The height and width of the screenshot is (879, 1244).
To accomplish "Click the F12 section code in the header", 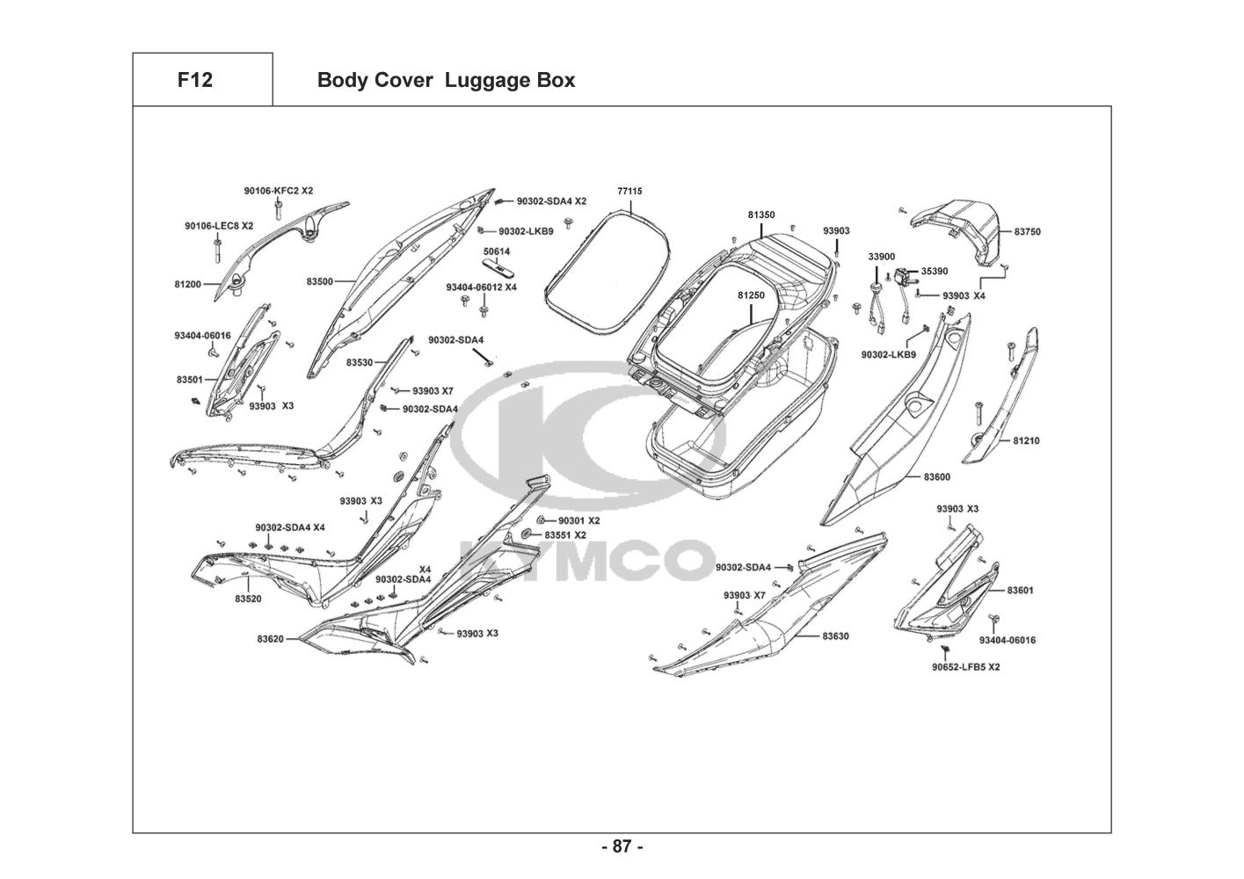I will click(194, 80).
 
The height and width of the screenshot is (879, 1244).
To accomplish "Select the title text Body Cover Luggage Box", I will click(446, 80).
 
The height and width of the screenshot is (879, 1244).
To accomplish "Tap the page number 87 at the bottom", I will click(622, 847).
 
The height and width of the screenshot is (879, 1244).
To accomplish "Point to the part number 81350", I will click(761, 214).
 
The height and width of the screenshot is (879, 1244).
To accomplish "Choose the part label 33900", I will click(882, 257).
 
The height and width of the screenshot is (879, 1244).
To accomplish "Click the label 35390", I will click(935, 272).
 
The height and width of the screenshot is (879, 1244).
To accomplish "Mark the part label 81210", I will click(1026, 440).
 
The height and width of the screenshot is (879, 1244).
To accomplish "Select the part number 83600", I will click(936, 477).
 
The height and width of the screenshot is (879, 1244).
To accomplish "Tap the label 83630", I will click(835, 636).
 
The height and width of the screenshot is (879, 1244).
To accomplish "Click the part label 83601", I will click(1020, 590).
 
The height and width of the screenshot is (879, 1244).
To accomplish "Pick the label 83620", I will click(271, 639).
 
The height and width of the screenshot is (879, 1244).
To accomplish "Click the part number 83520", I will click(248, 599).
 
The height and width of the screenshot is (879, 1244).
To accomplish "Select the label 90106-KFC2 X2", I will click(279, 191).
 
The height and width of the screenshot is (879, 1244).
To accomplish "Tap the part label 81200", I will click(188, 284).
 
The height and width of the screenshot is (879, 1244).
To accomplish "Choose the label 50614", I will click(497, 252).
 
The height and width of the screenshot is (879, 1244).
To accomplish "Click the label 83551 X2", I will click(565, 534).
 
